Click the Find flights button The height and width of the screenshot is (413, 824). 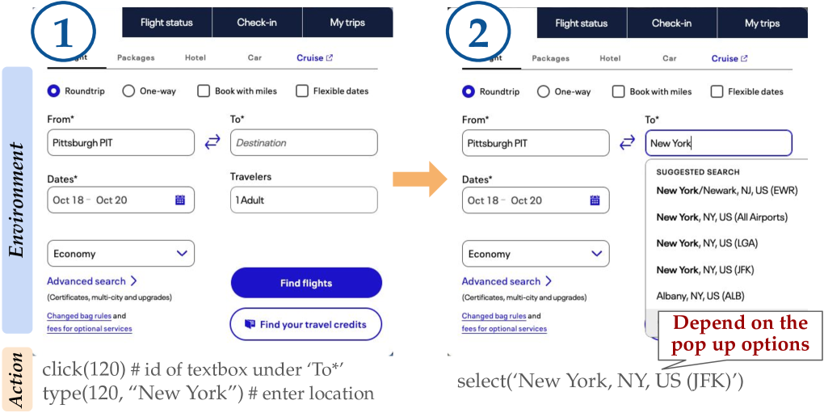[x=306, y=283]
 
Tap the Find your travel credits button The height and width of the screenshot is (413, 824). [x=306, y=324]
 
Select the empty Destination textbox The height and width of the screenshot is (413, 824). [x=304, y=143]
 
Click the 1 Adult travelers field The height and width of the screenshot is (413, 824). [x=304, y=200]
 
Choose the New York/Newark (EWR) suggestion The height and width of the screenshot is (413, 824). [x=727, y=191]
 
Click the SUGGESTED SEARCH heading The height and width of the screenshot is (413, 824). [x=698, y=172]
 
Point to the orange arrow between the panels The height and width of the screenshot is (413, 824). [x=419, y=179]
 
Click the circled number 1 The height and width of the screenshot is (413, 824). [x=64, y=32]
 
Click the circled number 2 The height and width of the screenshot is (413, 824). [x=478, y=32]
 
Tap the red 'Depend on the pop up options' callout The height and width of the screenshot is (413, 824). [x=741, y=335]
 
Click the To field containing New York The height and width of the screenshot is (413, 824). [x=718, y=143]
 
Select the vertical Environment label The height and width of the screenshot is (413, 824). [x=17, y=200]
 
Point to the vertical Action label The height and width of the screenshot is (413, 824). [x=17, y=379]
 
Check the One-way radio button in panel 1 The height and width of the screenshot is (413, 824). [x=128, y=91]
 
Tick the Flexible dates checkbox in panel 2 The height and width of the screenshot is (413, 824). [x=717, y=91]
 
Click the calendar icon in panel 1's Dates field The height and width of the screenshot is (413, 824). [x=180, y=200]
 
